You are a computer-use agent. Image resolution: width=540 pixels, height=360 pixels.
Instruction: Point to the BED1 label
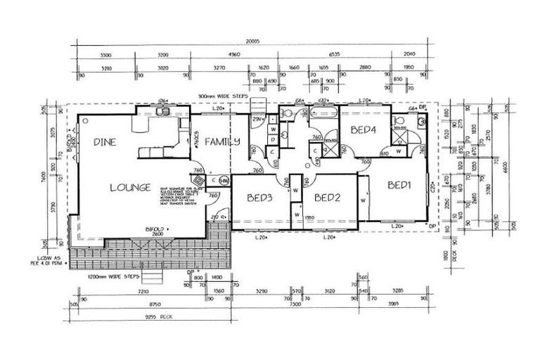[x=399, y=186]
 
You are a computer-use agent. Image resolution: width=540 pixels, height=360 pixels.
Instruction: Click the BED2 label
[x=328, y=198]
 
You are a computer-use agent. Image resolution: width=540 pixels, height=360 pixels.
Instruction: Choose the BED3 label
[x=262, y=198]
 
